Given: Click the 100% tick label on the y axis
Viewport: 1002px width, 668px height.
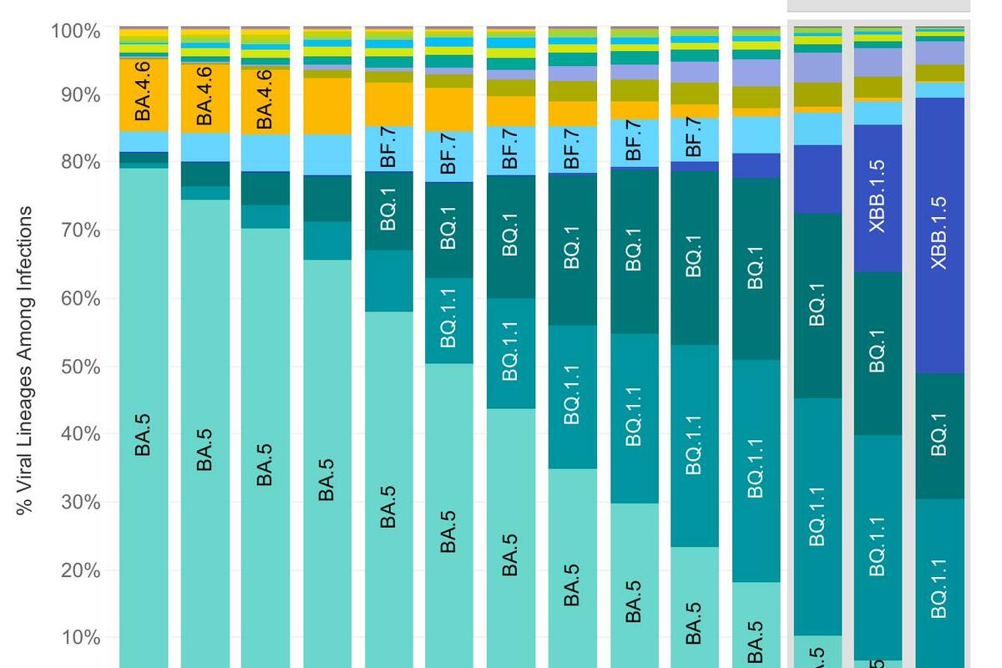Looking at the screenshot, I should [x=76, y=32].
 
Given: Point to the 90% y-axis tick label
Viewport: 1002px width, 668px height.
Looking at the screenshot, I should [x=80, y=95].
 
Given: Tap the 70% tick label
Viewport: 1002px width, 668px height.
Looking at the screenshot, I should [x=80, y=230].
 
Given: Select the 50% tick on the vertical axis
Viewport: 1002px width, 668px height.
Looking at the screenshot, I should [x=80, y=367].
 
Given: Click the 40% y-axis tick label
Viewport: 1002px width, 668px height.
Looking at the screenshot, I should [x=80, y=434].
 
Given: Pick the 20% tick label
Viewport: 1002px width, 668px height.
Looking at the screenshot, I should [x=80, y=571].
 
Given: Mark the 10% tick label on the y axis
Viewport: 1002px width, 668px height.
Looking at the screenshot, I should [x=80, y=639].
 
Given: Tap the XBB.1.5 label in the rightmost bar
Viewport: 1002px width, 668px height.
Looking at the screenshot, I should [x=939, y=233].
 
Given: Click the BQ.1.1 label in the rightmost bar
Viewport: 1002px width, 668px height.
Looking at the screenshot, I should [x=939, y=589].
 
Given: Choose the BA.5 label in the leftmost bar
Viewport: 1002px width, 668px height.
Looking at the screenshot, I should [x=144, y=436].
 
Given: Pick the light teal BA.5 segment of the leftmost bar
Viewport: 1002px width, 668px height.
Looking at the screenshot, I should [x=144, y=334].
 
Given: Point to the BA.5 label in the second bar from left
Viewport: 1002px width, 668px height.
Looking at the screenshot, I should [x=205, y=450].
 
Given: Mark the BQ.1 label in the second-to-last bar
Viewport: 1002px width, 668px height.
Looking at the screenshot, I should [x=878, y=351].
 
